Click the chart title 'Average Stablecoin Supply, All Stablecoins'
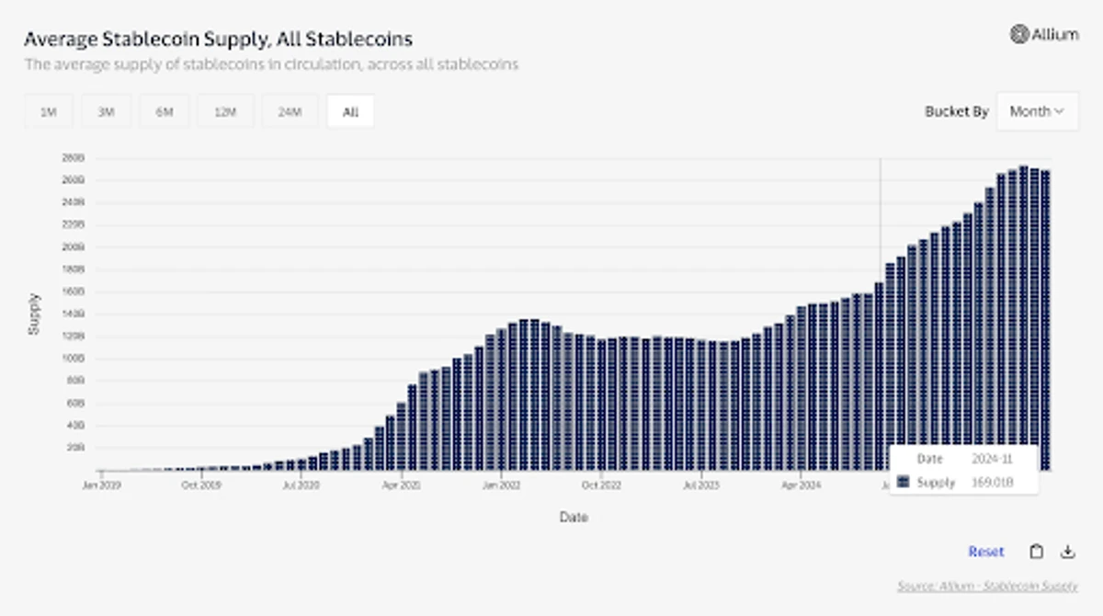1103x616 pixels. coord(218,39)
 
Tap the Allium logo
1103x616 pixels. coord(1044,34)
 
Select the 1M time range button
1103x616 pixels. coord(49,112)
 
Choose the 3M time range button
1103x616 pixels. coord(107,112)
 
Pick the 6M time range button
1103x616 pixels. coord(165,112)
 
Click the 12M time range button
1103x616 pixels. coord(225,112)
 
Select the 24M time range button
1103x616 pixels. coord(290,112)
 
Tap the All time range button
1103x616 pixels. coord(350,112)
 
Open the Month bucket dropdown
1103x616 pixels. coord(1037,111)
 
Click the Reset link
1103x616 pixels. coord(985,552)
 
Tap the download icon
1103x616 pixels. coord(1067,552)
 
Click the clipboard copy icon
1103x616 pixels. coord(1036,552)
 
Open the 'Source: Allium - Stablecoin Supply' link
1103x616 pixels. coord(987,586)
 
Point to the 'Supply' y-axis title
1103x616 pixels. coord(35,314)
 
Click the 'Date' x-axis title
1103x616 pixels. coord(573,518)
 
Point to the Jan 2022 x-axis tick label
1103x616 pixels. coord(502,483)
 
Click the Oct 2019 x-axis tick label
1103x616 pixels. coord(201,483)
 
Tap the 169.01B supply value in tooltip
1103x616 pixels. coord(994,483)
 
